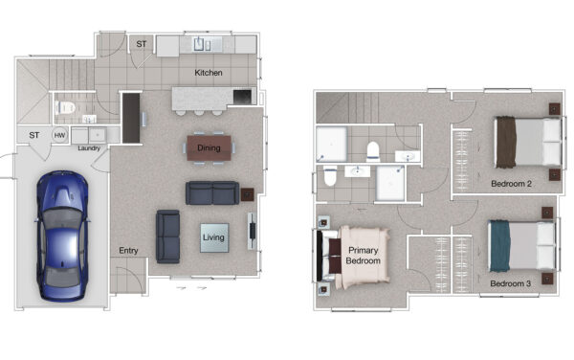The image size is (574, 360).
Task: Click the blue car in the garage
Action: point(62,236)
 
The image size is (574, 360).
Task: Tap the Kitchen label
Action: point(209,73)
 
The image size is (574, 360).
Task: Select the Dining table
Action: point(209,148)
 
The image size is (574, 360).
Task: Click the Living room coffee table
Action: point(214,237)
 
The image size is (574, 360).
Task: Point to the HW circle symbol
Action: point(59,135)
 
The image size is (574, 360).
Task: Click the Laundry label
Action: point(89,148)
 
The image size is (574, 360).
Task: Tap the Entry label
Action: point(128,251)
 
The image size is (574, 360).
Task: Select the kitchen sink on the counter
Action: point(202,44)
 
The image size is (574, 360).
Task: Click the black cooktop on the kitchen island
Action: point(242,97)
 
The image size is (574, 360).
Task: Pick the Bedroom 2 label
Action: point(511,184)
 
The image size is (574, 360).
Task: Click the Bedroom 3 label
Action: point(510,283)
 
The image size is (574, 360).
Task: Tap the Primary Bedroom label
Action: point(363,256)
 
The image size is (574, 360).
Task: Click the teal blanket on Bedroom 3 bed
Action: point(499,246)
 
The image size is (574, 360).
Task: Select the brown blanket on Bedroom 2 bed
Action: point(506,142)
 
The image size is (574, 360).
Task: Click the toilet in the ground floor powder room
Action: point(65,108)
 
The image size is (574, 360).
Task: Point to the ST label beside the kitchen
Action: point(142,44)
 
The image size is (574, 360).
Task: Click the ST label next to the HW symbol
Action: point(34,135)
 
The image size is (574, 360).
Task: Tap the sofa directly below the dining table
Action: point(212,193)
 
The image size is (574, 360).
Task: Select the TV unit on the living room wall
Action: point(252,231)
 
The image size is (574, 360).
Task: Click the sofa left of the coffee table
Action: point(168,236)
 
